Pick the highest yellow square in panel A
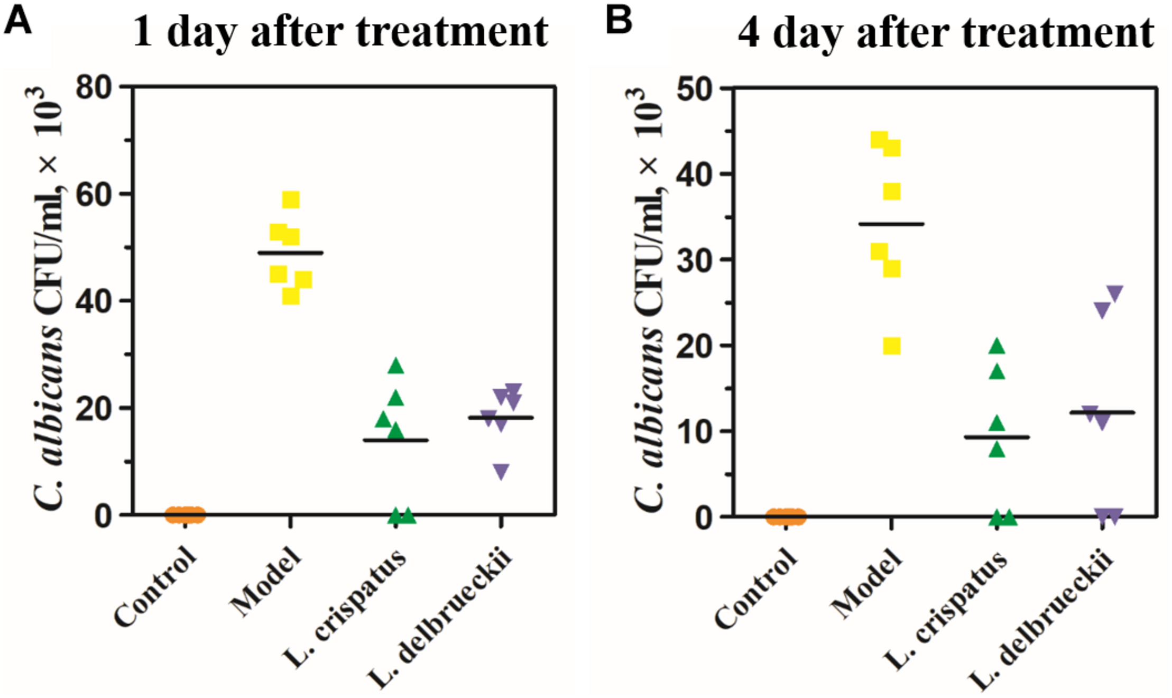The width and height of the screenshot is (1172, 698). [x=291, y=200]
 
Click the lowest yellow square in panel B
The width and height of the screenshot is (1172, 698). [x=892, y=346]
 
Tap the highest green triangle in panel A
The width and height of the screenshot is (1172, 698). [x=396, y=366]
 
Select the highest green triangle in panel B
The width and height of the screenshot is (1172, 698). [x=997, y=346]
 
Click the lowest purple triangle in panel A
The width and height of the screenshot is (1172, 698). [x=501, y=471]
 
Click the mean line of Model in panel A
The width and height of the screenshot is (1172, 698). [x=290, y=253]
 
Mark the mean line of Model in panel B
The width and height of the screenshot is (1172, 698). [x=891, y=224]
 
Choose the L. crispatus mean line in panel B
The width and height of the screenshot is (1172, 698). [x=997, y=437]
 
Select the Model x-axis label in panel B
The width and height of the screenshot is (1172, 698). [x=867, y=584]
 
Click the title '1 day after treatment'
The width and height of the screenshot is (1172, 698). [x=341, y=32]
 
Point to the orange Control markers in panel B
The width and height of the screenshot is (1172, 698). [x=786, y=517]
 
